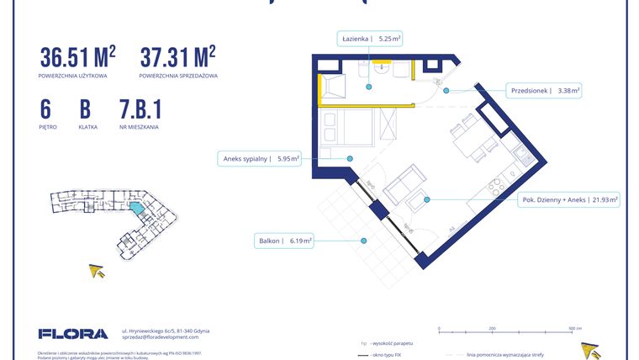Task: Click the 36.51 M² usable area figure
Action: click(x=77, y=57)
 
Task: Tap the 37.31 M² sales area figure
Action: click(x=177, y=57)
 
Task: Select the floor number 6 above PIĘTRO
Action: click(x=45, y=110)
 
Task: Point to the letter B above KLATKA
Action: click(x=85, y=110)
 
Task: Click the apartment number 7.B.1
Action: click(x=140, y=110)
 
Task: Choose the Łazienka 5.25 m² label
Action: click(x=370, y=38)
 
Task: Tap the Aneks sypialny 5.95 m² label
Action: click(x=261, y=157)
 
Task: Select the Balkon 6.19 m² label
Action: click(x=284, y=241)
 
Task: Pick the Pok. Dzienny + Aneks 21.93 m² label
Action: click(x=569, y=200)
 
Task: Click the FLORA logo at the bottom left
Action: click(x=73, y=333)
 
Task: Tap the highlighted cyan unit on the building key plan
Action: click(x=135, y=207)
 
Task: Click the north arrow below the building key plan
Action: click(x=98, y=271)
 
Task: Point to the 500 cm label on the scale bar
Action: click(x=574, y=329)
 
